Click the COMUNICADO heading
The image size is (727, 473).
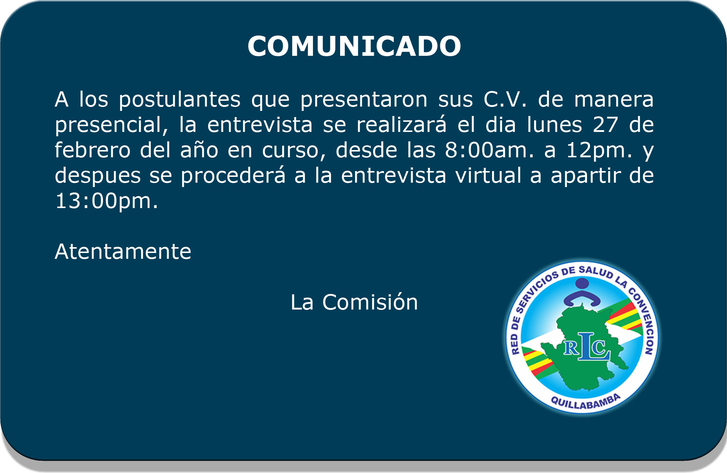(x=354, y=46)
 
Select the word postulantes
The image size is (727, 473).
(x=180, y=100)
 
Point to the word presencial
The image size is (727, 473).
(x=112, y=125)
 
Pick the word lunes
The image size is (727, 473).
(x=554, y=125)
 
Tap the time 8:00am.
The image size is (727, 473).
(x=490, y=150)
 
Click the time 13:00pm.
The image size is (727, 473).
(x=107, y=202)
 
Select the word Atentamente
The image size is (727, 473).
(x=123, y=252)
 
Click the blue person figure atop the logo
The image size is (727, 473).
(x=582, y=292)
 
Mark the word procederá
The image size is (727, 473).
(x=233, y=176)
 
